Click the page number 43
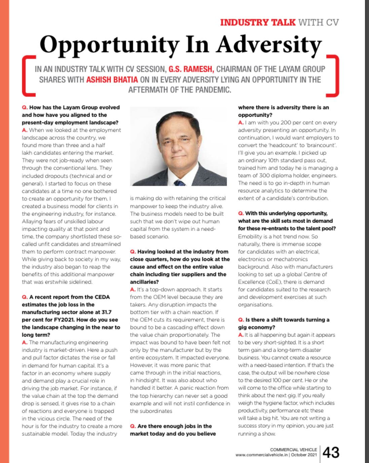point(331,453)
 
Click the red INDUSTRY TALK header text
point(258,23)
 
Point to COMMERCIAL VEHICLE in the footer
point(293,450)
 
